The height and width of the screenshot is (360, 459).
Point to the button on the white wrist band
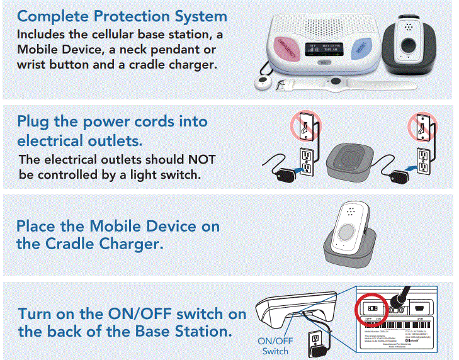(x=337, y=82)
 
